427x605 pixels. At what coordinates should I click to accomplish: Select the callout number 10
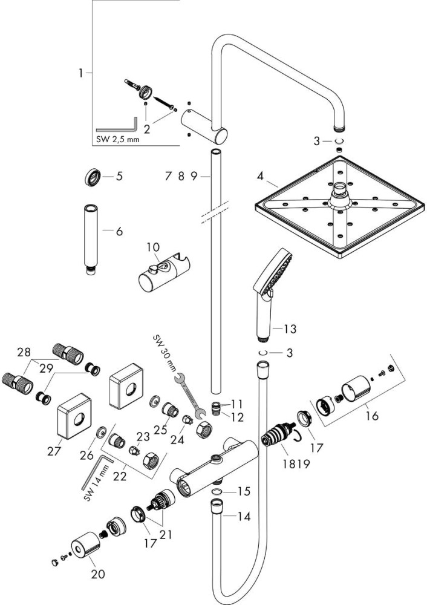point(152,246)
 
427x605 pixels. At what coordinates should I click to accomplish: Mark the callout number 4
point(260,178)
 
